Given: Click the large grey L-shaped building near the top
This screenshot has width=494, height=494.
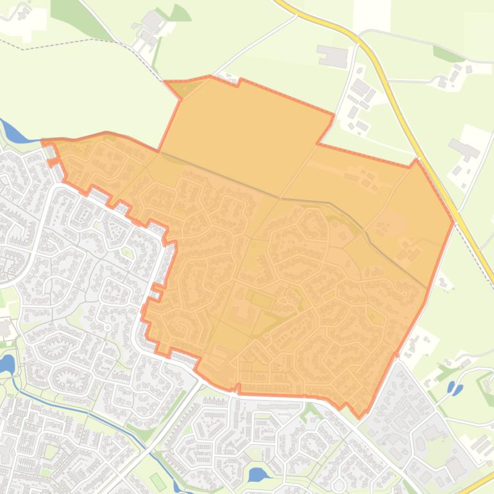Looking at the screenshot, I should click(x=332, y=56).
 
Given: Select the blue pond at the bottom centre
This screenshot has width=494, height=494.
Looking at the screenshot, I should click(x=258, y=475).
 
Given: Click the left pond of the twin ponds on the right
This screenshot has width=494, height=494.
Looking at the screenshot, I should click(x=451, y=388).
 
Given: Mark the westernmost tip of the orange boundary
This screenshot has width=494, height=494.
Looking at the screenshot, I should click(x=42, y=141).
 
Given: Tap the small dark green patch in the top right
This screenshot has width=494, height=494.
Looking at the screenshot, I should click(x=448, y=55).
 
